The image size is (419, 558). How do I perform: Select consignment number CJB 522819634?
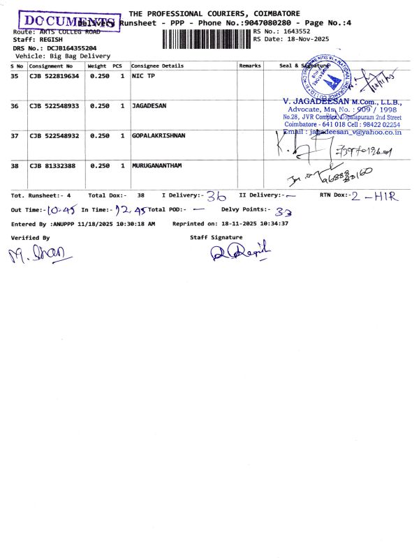pyautogui.click(x=54, y=76)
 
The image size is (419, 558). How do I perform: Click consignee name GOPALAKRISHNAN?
pyautogui.click(x=159, y=135)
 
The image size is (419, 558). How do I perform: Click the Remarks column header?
pyautogui.click(x=250, y=66)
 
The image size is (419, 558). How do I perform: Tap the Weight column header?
pyautogui.click(x=96, y=66)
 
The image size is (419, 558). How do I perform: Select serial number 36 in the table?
pyautogui.click(x=15, y=106)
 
